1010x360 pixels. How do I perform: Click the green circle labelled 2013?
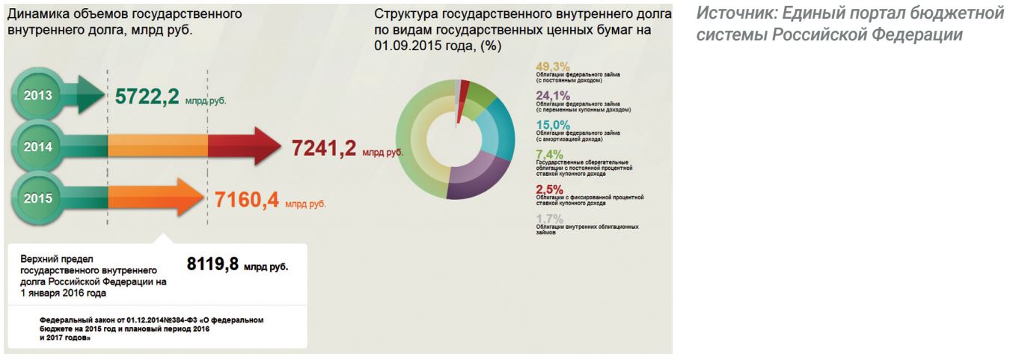pos(38,96)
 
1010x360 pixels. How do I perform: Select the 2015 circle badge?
pos(38,198)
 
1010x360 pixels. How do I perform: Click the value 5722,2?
pos(147,97)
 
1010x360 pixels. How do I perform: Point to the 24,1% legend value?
pos(553,96)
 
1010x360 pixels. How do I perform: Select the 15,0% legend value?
pos(553,125)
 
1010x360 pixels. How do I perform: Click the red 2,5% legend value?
pos(549,189)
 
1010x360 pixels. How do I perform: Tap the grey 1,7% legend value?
pos(549,218)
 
